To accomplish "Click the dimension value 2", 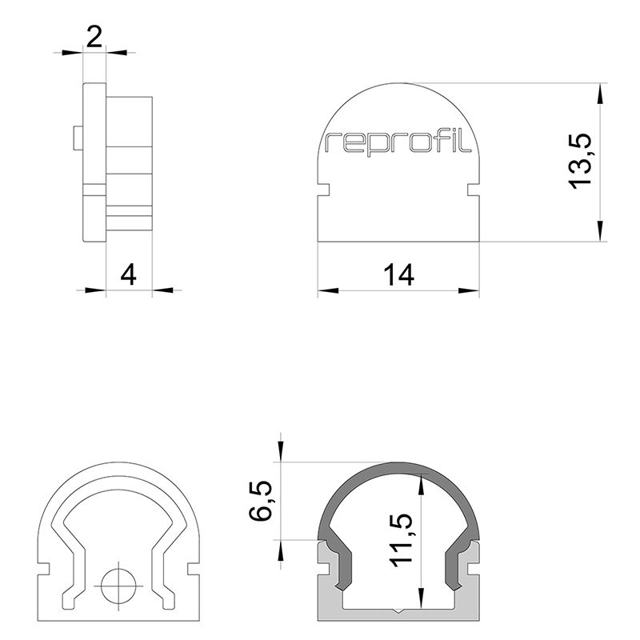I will [94, 38].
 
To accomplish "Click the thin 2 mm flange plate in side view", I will [94, 160].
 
